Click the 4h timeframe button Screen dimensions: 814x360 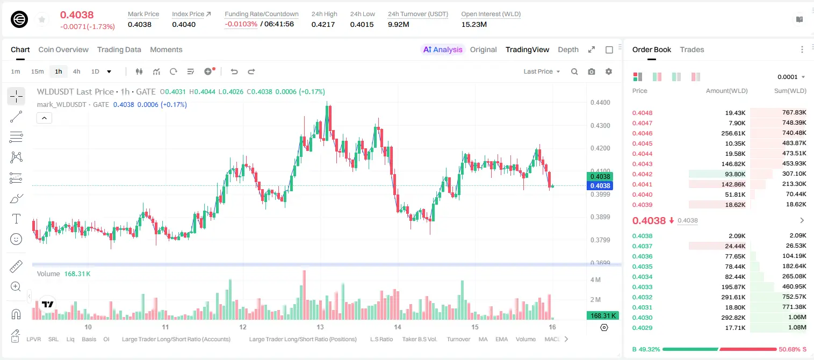[x=76, y=71]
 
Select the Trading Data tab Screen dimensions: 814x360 [x=119, y=49]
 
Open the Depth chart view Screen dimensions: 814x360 [x=568, y=49]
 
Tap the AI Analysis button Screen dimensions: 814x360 [x=443, y=49]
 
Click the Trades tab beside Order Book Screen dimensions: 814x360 [x=691, y=49]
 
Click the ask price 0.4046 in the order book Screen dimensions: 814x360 [x=642, y=133]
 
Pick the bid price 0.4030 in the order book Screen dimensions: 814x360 [x=642, y=318]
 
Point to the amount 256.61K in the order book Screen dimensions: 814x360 [x=733, y=133]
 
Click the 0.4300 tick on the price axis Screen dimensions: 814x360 [x=600, y=126]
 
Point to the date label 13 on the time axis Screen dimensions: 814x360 [x=320, y=327]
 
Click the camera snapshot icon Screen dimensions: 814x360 [x=592, y=71]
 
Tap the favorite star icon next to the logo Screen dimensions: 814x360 [x=42, y=19]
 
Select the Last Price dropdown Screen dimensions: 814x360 [x=542, y=71]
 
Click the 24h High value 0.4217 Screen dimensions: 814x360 [x=323, y=24]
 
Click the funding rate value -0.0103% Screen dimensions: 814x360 [x=241, y=24]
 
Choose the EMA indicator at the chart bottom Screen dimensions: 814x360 [x=501, y=339]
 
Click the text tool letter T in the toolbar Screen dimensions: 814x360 [x=16, y=219]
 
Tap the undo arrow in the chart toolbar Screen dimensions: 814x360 [x=234, y=71]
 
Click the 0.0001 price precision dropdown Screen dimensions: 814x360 [x=791, y=77]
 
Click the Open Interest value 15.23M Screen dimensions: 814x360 [x=474, y=24]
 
